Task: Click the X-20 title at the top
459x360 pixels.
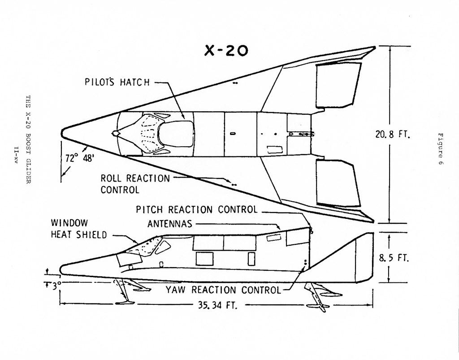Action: (226, 51)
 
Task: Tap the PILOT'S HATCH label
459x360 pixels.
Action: (117, 82)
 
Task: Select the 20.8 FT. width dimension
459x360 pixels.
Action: (393, 134)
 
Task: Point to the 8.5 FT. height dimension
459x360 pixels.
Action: (393, 258)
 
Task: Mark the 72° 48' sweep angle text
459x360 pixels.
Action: (80, 158)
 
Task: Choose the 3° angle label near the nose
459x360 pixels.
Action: (56, 286)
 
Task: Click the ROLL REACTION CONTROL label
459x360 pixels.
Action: (135, 184)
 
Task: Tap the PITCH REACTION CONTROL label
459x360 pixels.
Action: (196, 209)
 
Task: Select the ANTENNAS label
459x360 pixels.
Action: (170, 224)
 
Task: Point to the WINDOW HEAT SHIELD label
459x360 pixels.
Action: (79, 229)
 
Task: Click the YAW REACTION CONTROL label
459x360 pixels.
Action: (223, 290)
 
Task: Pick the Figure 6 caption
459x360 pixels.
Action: (441, 149)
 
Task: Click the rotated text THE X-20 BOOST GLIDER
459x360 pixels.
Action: (28, 139)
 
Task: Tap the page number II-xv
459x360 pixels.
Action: (17, 155)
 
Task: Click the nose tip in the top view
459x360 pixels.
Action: (61, 134)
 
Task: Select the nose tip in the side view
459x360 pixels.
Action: (61, 269)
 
